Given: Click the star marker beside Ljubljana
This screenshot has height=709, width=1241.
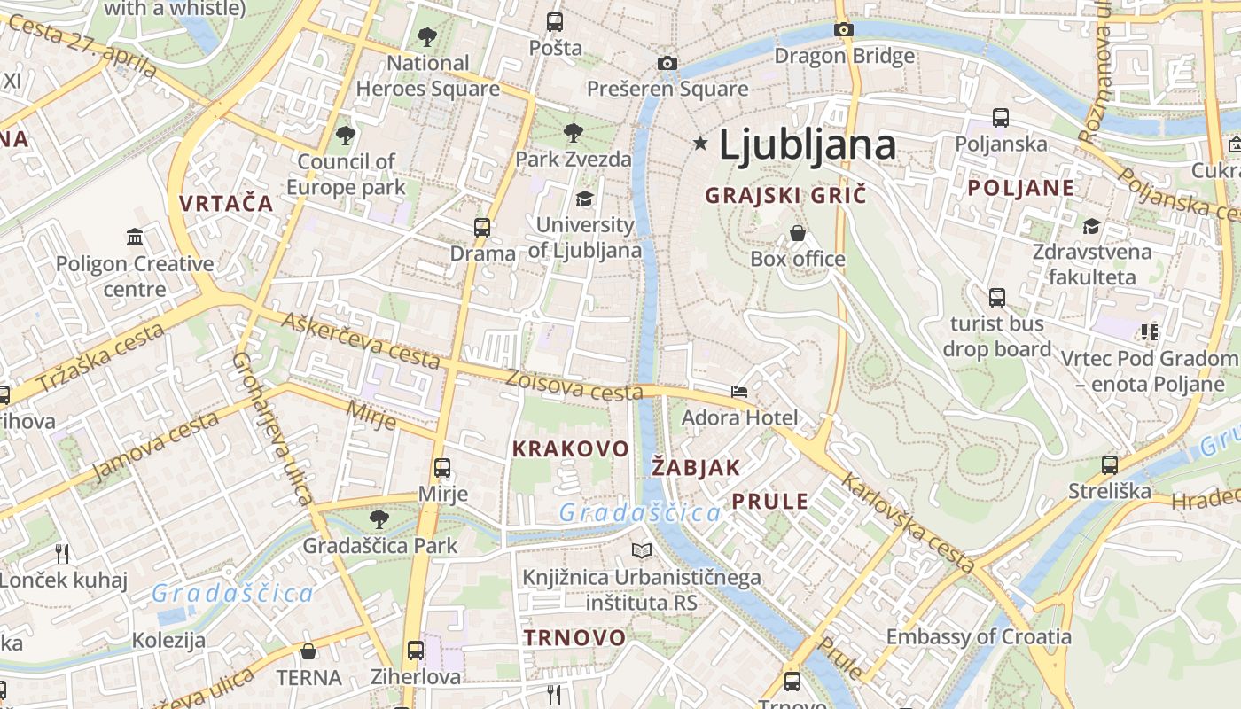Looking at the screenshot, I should click(x=701, y=143).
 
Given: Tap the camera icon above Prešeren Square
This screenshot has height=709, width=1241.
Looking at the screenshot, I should click(x=667, y=63).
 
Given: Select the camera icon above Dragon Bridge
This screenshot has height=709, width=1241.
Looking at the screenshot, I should click(x=844, y=29).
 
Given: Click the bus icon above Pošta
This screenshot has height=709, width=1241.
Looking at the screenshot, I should click(x=555, y=22).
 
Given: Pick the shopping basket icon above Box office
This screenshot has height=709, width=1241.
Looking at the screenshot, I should click(x=798, y=233).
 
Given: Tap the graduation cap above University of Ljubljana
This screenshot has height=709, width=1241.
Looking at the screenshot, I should click(x=584, y=199).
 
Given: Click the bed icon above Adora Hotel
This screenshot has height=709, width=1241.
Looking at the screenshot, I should click(x=739, y=391).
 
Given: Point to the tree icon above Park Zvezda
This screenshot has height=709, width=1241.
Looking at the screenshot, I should click(x=574, y=133).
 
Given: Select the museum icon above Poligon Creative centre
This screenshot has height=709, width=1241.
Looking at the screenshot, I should click(x=135, y=237).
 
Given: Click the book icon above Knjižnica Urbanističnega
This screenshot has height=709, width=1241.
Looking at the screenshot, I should click(x=642, y=550).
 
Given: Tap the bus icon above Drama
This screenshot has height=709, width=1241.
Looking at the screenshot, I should click(x=482, y=227).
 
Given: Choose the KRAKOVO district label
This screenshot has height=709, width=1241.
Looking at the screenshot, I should click(x=571, y=448).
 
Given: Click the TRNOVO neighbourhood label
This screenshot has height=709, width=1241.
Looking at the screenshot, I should click(x=574, y=637).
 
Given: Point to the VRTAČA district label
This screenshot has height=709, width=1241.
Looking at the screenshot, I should click(x=226, y=203).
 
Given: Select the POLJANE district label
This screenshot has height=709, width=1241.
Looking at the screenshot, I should click(x=1020, y=188).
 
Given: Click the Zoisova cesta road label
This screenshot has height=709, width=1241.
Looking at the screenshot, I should click(x=574, y=385).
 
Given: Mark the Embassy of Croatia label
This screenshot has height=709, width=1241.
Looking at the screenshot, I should click(x=979, y=636).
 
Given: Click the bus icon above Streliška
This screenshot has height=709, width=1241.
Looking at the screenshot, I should click(x=1110, y=464).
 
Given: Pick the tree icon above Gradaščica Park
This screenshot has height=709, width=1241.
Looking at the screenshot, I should click(x=379, y=518).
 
